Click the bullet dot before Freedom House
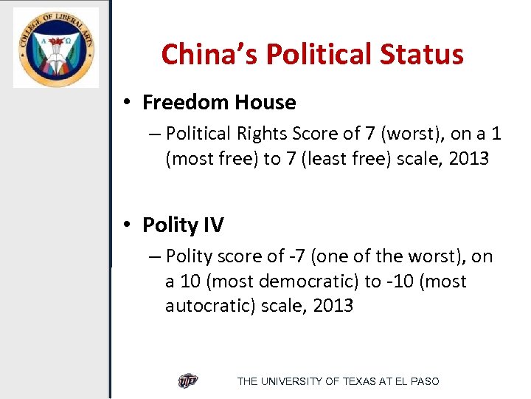pos(129,103)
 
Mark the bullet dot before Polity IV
pos(129,225)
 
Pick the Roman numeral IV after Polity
pos(212,225)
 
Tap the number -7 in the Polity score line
pos(297,256)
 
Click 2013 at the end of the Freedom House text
pos(466,159)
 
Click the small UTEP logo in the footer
pos(188,381)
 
